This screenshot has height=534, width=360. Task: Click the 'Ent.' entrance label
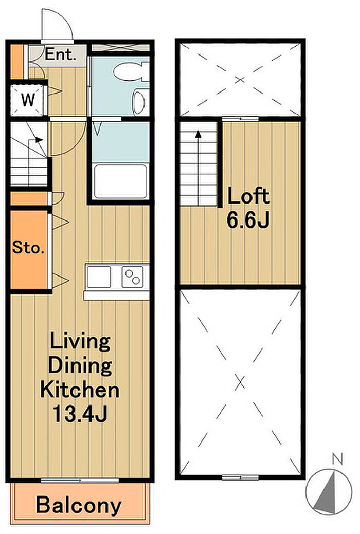(60, 54)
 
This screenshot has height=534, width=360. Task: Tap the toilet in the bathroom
(131, 71)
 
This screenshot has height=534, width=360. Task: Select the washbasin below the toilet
(140, 102)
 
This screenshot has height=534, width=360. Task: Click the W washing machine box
(28, 100)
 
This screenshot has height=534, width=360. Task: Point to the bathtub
(121, 181)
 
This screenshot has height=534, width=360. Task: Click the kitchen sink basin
(99, 277)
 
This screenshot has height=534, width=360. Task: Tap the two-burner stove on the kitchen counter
(132, 277)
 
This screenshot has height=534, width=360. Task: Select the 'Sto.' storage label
(28, 247)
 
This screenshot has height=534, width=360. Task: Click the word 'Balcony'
(79, 505)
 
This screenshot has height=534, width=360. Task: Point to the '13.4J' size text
(80, 414)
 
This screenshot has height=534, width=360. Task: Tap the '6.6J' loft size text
(248, 219)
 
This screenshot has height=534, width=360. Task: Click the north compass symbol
(329, 492)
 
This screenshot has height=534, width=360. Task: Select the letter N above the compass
(337, 459)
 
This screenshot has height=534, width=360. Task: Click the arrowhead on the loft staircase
(198, 134)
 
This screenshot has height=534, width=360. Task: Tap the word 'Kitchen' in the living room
(80, 390)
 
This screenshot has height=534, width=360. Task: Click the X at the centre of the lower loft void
(240, 383)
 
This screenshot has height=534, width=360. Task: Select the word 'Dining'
(80, 365)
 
